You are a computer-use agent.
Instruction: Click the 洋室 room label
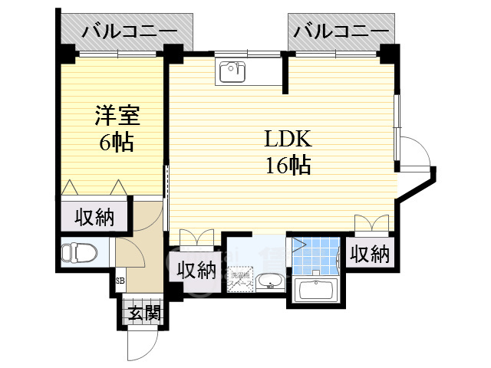pos(117,117)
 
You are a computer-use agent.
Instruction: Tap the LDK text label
pos(288,140)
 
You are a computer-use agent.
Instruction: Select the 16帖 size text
pos(288,164)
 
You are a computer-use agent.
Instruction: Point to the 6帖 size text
pos(117,142)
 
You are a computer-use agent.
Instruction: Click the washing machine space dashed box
pos(242,280)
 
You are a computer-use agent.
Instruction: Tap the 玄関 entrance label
pos(143,312)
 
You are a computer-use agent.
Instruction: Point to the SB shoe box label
pos(120,281)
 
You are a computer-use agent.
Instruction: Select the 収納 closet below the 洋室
pos(94,218)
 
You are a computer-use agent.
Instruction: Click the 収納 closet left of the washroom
pos(196,271)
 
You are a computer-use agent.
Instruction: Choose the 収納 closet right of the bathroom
pos(370,255)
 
